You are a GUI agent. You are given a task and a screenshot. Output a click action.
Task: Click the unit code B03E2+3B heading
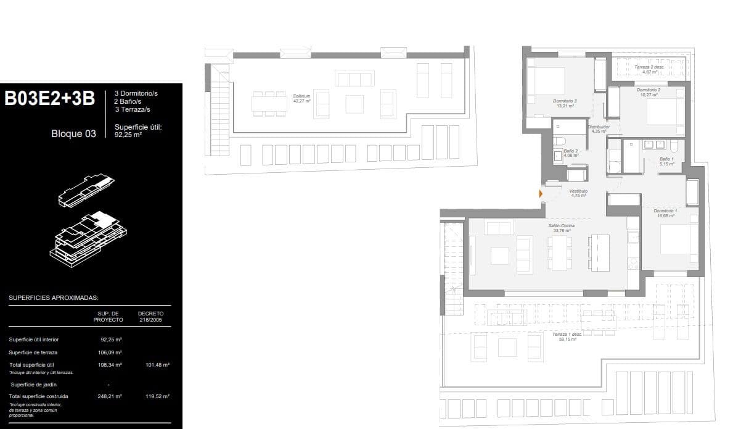tap(50, 99)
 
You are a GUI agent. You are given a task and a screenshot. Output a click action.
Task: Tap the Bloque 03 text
tap(73, 133)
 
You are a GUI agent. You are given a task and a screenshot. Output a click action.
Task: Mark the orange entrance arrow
tap(541, 194)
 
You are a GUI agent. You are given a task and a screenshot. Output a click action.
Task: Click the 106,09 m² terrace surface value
tap(111, 352)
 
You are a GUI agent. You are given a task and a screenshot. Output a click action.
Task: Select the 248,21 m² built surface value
tap(111, 396)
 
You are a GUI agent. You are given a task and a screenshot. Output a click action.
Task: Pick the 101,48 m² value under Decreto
tap(157, 365)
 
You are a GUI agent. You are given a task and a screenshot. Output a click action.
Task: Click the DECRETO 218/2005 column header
tap(150, 317)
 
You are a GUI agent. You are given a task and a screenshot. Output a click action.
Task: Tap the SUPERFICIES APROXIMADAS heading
tap(54, 298)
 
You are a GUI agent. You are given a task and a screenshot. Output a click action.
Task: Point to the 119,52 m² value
tap(157, 396)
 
